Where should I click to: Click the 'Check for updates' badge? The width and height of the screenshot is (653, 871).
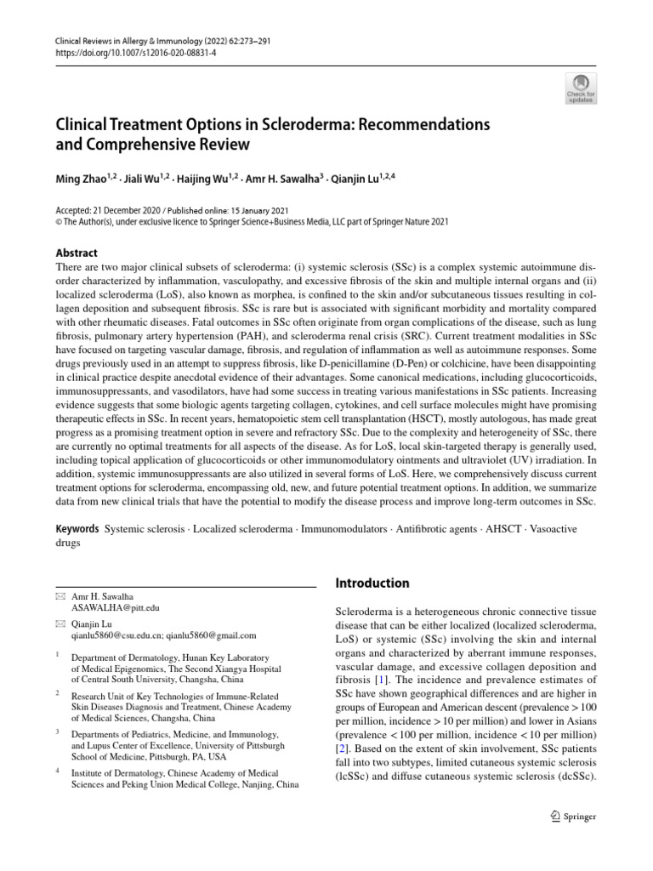582,88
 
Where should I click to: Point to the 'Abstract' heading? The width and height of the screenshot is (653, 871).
77,253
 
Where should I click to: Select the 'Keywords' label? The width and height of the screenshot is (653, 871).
77,528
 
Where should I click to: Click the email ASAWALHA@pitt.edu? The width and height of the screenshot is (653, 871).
116,609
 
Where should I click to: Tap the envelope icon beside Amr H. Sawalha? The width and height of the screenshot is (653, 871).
59,597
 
